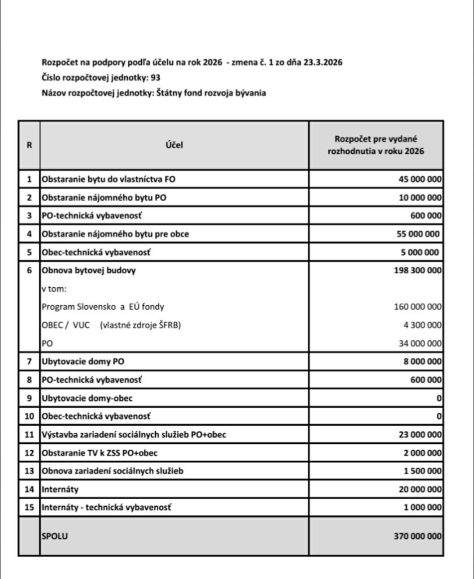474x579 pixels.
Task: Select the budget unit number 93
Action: pos(162,77)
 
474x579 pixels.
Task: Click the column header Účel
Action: pos(174,145)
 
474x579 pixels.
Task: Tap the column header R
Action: pos(29,145)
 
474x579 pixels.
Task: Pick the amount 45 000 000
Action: pos(418,179)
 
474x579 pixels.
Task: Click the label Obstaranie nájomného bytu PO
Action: pos(104,197)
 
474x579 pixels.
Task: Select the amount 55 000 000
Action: pos(418,234)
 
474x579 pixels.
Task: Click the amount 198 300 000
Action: pos(418,270)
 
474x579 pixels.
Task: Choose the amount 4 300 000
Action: pos(421,325)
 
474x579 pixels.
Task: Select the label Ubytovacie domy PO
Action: pos(82,361)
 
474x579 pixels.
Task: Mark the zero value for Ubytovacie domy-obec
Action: pos(439,398)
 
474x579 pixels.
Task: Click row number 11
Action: pos(29,434)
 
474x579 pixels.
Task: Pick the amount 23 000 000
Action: pos(418,434)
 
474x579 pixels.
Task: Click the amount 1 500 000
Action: pos(421,471)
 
